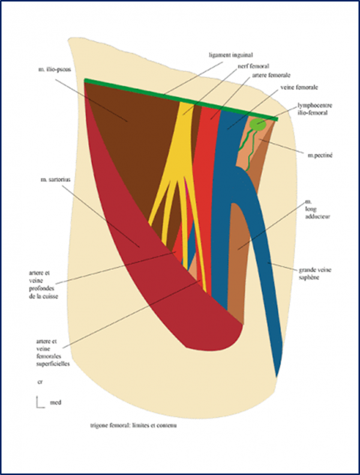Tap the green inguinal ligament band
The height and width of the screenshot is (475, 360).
point(180,100)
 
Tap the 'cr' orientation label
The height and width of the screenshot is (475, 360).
point(40,381)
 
